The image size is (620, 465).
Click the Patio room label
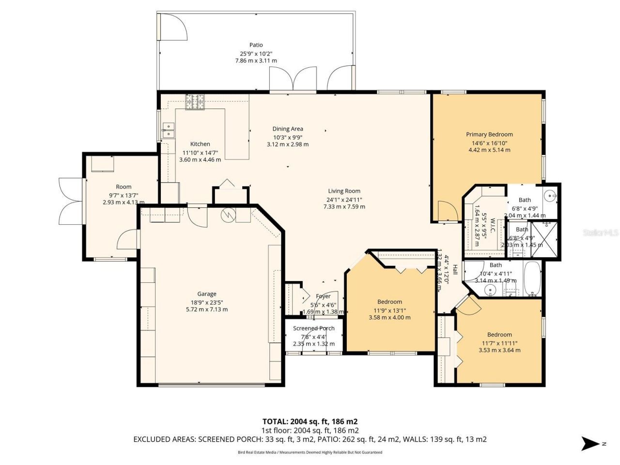(x=256, y=45)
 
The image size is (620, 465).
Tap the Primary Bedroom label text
(x=489, y=134)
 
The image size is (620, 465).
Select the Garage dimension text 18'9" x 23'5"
(x=207, y=302)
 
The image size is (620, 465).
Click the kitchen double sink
(x=168, y=131)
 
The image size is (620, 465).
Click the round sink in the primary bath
(x=550, y=196)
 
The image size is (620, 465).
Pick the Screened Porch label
(x=313, y=328)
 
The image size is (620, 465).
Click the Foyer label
(x=323, y=296)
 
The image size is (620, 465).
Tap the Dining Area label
(x=288, y=129)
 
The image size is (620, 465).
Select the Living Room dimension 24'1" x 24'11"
(x=344, y=199)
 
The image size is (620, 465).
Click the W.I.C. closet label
(x=492, y=226)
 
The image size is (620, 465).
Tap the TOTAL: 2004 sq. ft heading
(x=310, y=421)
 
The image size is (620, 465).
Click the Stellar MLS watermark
(x=601, y=232)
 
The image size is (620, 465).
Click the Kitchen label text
(x=200, y=144)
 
